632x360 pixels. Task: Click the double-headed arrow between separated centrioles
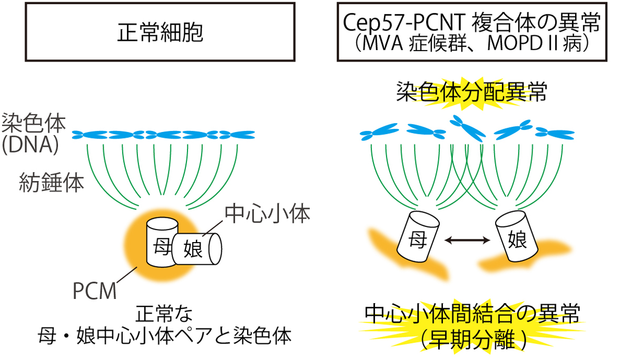pos(467,240)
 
